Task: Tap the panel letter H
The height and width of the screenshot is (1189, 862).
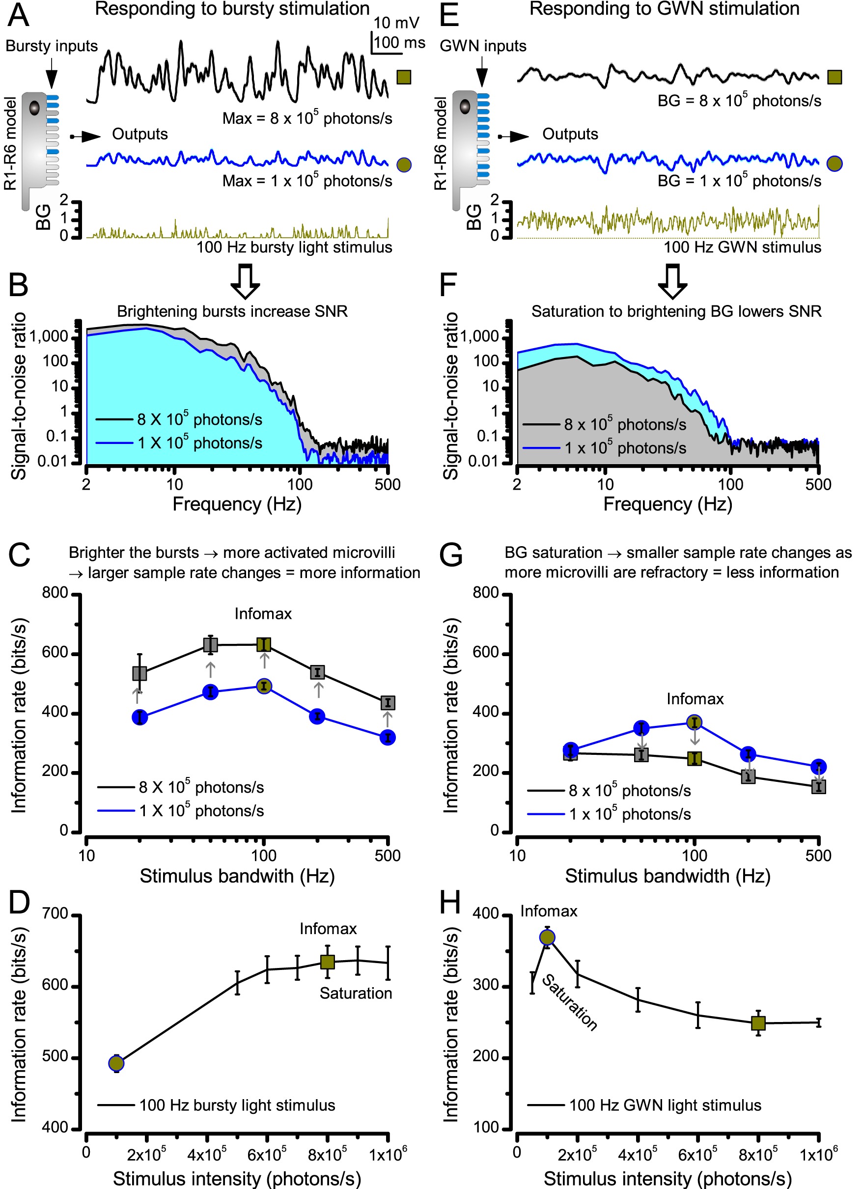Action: [x=450, y=902]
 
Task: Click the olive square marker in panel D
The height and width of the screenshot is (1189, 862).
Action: [x=327, y=962]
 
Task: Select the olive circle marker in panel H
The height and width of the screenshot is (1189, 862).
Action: [x=547, y=938]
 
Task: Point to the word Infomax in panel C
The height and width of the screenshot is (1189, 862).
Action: [x=263, y=613]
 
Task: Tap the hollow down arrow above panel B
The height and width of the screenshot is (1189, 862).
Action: [x=245, y=281]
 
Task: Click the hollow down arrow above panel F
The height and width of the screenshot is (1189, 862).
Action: [x=672, y=281]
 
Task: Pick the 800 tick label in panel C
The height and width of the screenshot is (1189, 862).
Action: [x=55, y=593]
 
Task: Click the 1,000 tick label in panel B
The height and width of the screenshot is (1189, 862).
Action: [x=49, y=336]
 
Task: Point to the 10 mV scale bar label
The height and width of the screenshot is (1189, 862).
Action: [x=396, y=23]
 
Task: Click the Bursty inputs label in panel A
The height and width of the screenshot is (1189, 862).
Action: [x=52, y=46]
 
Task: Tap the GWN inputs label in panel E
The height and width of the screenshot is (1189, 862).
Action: [x=482, y=46]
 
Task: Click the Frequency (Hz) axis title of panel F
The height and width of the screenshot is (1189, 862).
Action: [x=667, y=504]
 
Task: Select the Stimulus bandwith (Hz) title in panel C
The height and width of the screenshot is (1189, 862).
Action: [x=237, y=876]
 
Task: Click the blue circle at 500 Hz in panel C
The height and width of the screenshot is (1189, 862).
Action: [x=388, y=738]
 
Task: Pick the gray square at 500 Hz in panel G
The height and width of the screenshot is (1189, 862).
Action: [x=818, y=786]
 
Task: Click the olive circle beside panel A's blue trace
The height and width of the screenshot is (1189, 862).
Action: [x=404, y=165]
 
